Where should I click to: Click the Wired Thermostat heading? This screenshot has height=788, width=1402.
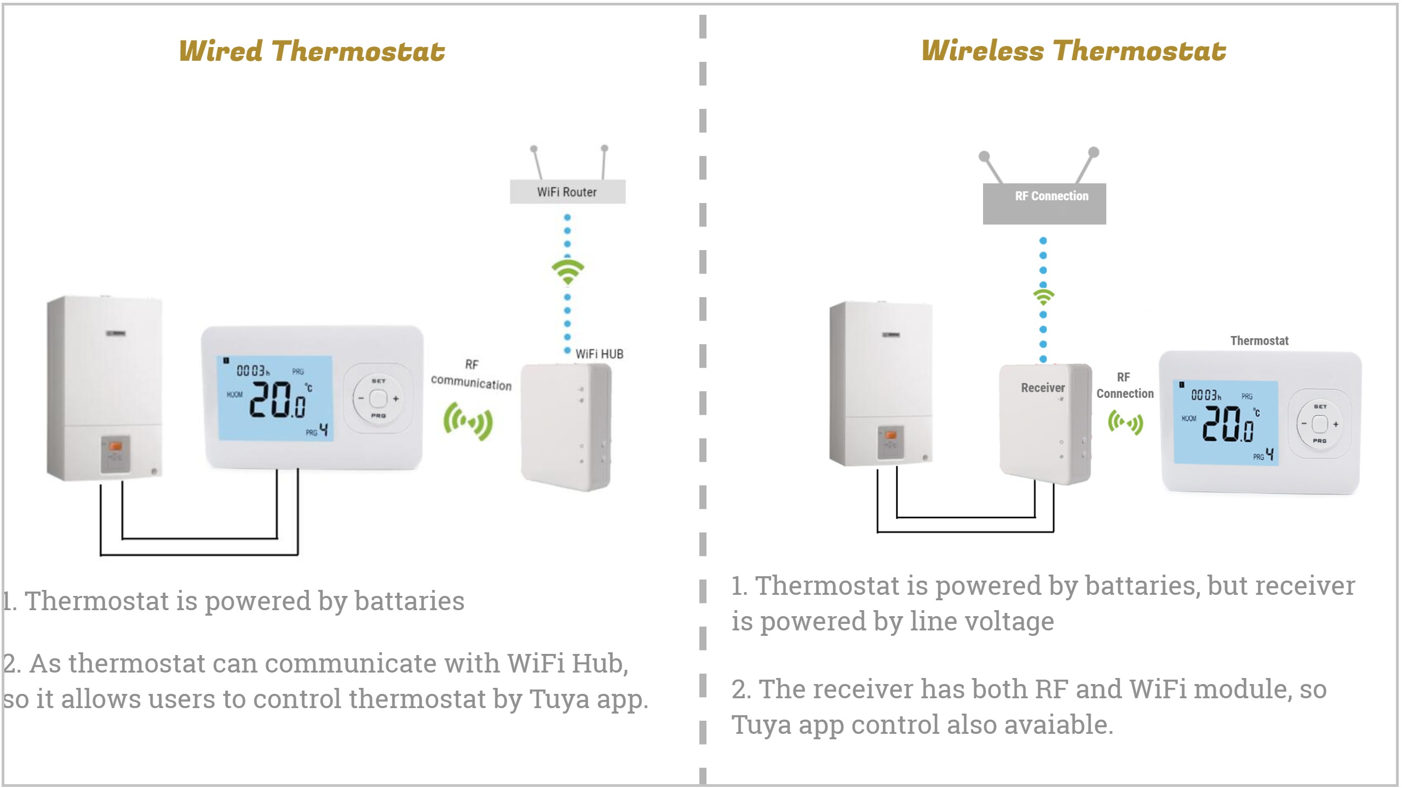tap(312, 51)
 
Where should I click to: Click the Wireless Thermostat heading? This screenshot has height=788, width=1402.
tap(1073, 51)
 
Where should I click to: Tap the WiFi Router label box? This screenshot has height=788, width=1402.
tap(567, 192)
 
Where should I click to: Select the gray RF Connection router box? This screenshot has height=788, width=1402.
tap(1044, 204)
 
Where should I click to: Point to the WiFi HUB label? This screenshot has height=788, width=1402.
tap(599, 354)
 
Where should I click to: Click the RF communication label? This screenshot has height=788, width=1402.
tap(471, 375)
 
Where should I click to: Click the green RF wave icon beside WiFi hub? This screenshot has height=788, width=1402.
tap(468, 421)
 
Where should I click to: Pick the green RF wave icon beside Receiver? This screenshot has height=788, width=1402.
tap(1125, 422)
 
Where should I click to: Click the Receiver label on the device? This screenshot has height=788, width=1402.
tap(1043, 388)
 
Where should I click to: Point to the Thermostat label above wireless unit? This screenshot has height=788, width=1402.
tap(1259, 341)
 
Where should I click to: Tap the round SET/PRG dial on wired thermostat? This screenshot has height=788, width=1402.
tap(378, 398)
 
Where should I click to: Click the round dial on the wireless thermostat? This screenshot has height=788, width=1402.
tap(1320, 424)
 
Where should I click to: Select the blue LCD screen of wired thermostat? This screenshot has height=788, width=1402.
tap(276, 398)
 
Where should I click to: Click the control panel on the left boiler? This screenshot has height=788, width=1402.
tap(115, 454)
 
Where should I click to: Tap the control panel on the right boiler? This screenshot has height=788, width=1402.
tap(891, 442)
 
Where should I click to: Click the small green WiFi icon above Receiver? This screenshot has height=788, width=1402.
tap(1043, 297)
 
